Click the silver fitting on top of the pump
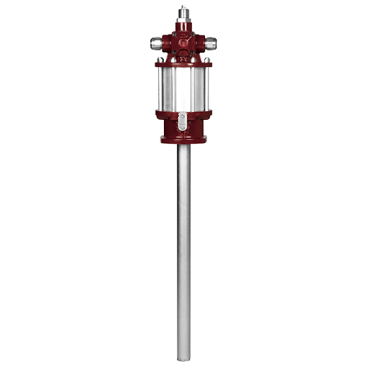183,15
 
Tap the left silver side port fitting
158,43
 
